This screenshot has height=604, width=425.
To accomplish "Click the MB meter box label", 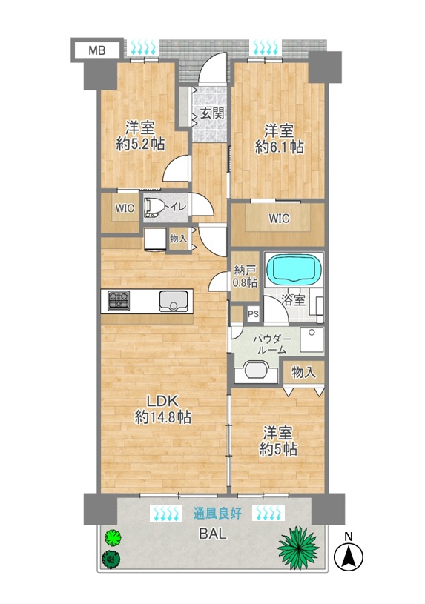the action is click(x=97, y=50).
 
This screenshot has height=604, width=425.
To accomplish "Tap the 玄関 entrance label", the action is click(x=212, y=113).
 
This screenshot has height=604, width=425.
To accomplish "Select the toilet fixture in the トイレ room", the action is click(x=153, y=208).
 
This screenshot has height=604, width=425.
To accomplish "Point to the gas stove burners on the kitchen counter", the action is click(x=119, y=300).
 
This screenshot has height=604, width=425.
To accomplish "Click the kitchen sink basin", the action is click(x=174, y=301).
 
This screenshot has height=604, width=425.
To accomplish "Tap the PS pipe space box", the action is click(x=253, y=314).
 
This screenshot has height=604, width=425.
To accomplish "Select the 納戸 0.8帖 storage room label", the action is click(x=245, y=276).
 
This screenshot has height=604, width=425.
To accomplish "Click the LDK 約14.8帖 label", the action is click(x=162, y=409).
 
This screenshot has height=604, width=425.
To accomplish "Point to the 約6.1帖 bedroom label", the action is click(x=279, y=139).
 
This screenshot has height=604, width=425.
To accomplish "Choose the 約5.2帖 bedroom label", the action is click(x=140, y=136).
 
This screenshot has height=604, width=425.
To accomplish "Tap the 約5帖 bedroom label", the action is click(x=278, y=442).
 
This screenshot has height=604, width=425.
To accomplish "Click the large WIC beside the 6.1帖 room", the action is click(x=279, y=219).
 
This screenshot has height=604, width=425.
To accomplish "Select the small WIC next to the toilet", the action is click(x=125, y=208).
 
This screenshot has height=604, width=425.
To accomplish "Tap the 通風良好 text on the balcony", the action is click(x=217, y=513).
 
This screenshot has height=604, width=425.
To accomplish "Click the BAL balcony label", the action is click(x=212, y=534).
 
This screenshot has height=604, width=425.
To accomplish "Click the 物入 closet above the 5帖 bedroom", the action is click(x=303, y=373).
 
